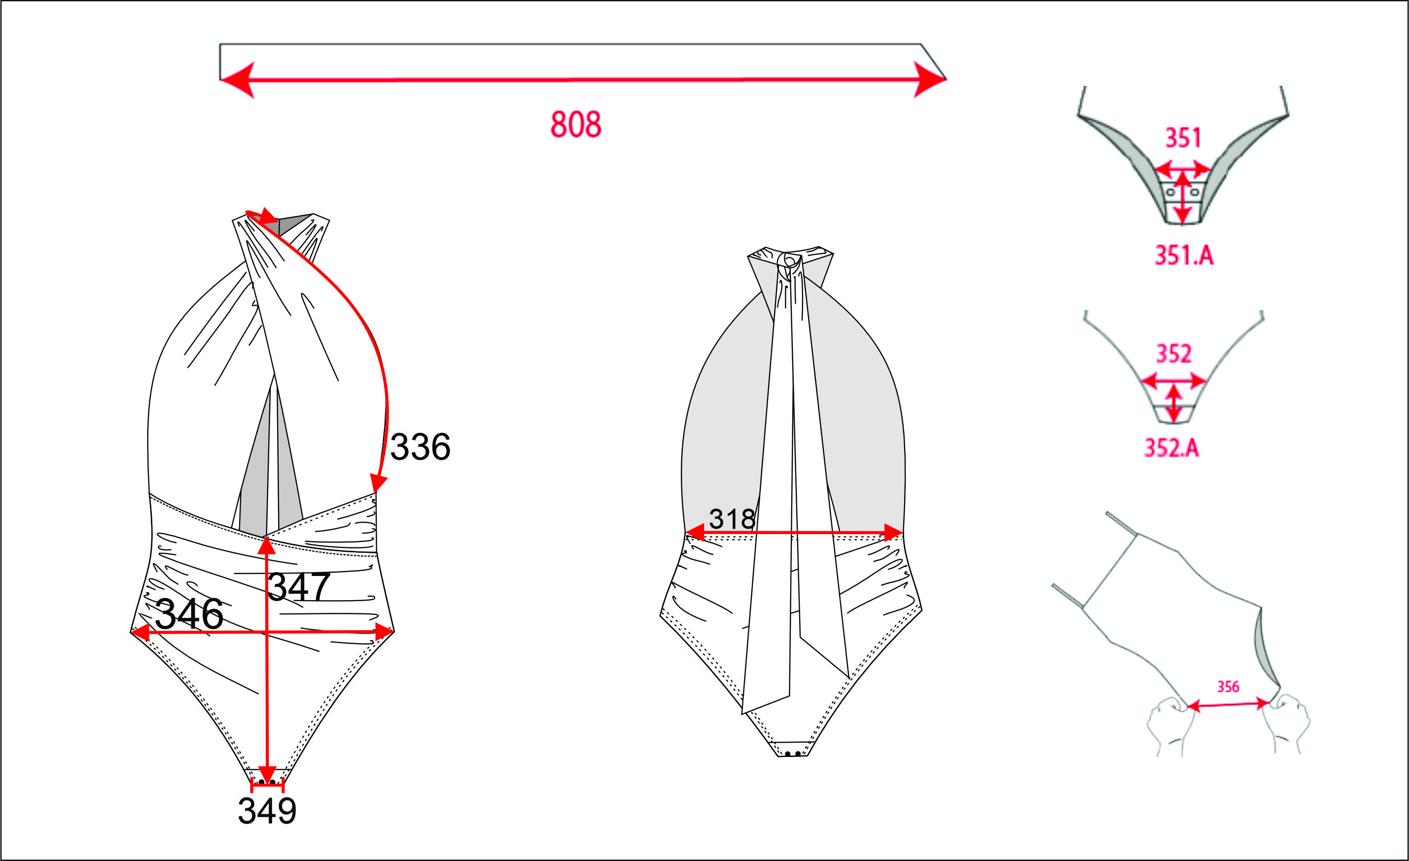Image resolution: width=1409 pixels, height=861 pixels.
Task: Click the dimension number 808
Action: pyautogui.click(x=576, y=124)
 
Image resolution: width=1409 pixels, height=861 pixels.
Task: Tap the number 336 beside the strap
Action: pyautogui.click(x=421, y=447)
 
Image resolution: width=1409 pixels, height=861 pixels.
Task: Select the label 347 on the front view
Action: pyautogui.click(x=298, y=587)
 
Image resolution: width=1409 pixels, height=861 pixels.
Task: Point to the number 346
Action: pyautogui.click(x=189, y=614)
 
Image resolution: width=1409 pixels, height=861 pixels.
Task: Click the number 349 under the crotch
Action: pyautogui.click(x=267, y=811)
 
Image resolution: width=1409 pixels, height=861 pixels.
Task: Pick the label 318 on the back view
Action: pyautogui.click(x=732, y=519)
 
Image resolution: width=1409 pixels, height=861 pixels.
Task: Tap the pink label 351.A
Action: pyautogui.click(x=1184, y=255)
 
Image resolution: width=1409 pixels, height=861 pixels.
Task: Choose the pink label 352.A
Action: pyautogui.click(x=1171, y=447)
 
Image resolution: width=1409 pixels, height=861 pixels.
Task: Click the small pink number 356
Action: pyautogui.click(x=1228, y=686)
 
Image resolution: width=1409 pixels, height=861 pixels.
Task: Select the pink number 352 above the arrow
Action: pyautogui.click(x=1174, y=354)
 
